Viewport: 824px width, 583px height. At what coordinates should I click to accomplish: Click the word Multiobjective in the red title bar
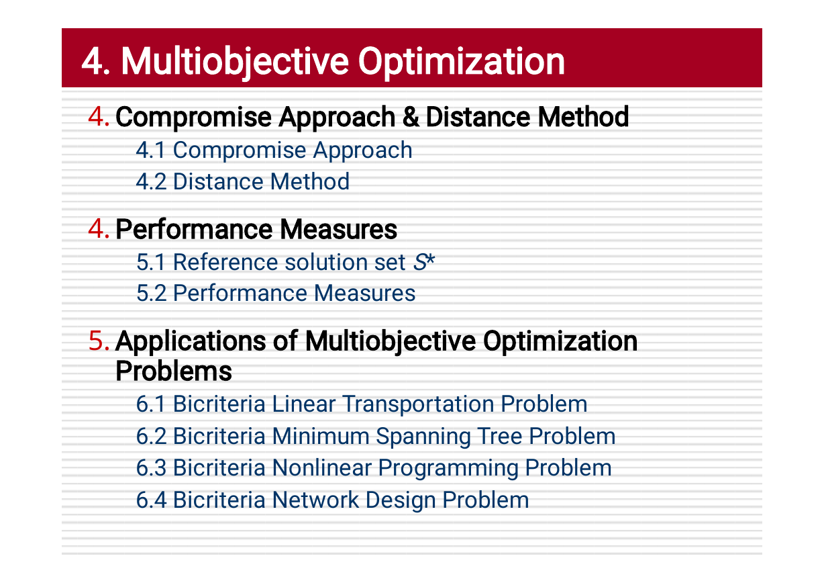(x=235, y=62)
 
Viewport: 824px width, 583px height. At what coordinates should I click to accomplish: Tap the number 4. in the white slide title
(x=96, y=61)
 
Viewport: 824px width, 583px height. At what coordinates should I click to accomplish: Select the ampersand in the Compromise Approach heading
(x=411, y=117)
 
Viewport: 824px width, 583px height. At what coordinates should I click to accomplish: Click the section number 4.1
(x=150, y=150)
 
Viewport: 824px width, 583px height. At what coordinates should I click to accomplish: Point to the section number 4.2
(x=151, y=181)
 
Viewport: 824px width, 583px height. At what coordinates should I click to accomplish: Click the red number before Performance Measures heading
(x=99, y=228)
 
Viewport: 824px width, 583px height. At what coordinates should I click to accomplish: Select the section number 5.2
(x=151, y=294)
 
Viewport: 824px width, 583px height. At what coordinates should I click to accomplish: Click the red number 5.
(x=99, y=341)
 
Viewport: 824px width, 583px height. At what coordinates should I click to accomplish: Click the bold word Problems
(x=174, y=371)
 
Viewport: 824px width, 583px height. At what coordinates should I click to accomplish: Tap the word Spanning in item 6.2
(x=423, y=437)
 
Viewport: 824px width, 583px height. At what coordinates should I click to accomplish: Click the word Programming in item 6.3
(x=448, y=469)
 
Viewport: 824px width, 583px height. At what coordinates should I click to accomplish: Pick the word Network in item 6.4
(x=315, y=500)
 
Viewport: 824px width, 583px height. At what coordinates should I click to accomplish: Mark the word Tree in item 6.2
(x=499, y=437)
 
